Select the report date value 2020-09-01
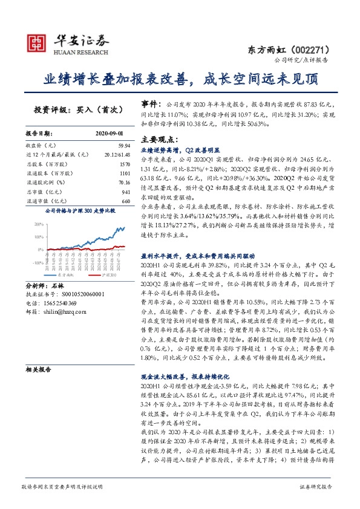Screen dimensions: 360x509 tap(109, 132)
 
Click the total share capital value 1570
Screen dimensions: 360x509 tap(125, 164)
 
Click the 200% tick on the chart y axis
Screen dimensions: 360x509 tap(38, 222)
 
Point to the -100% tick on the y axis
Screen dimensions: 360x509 tap(38, 263)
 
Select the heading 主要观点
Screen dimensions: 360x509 tap(158, 138)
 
